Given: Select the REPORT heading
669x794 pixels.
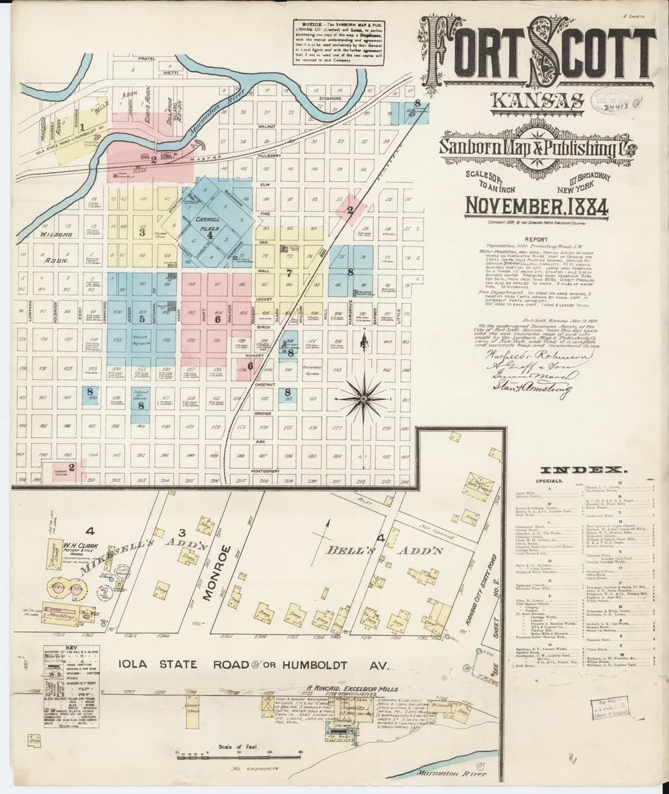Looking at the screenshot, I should [537, 242].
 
